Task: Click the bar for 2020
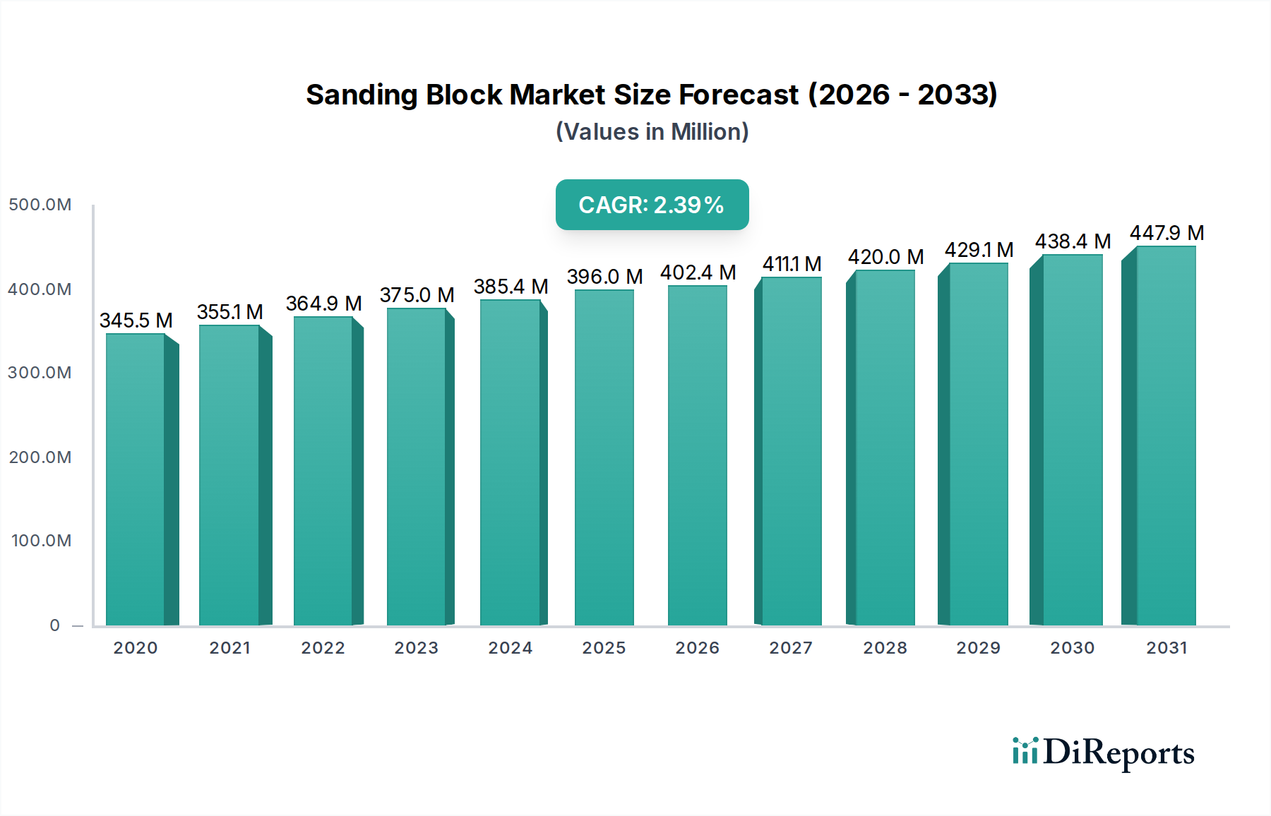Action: tap(136, 480)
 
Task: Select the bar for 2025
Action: tap(604, 459)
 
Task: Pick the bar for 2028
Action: tap(885, 448)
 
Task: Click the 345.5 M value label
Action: tap(136, 320)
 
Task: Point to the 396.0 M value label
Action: tap(604, 277)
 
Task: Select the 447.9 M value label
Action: tap(1166, 233)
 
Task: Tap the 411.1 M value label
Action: tap(792, 264)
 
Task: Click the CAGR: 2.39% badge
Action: tap(652, 205)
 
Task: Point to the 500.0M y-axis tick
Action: tap(40, 205)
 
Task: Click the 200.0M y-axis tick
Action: tap(40, 457)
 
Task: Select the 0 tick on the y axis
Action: tap(55, 625)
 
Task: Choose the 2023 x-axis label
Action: tap(416, 648)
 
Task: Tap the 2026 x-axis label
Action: tap(697, 648)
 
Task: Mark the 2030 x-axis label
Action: tap(1072, 648)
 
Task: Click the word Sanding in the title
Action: tap(361, 95)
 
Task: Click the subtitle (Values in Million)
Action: tap(652, 132)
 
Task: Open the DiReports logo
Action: tap(1103, 752)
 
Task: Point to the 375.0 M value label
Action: tap(417, 295)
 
